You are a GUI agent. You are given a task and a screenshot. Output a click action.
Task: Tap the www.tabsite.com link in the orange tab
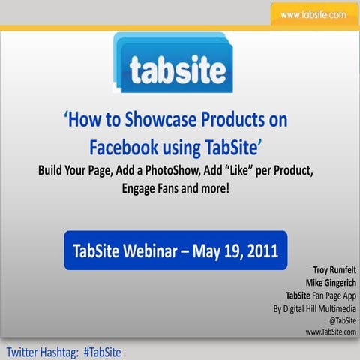pyautogui.click(x=313, y=14)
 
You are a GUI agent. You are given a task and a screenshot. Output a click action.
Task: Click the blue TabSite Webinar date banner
pyautogui.click(x=175, y=250)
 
